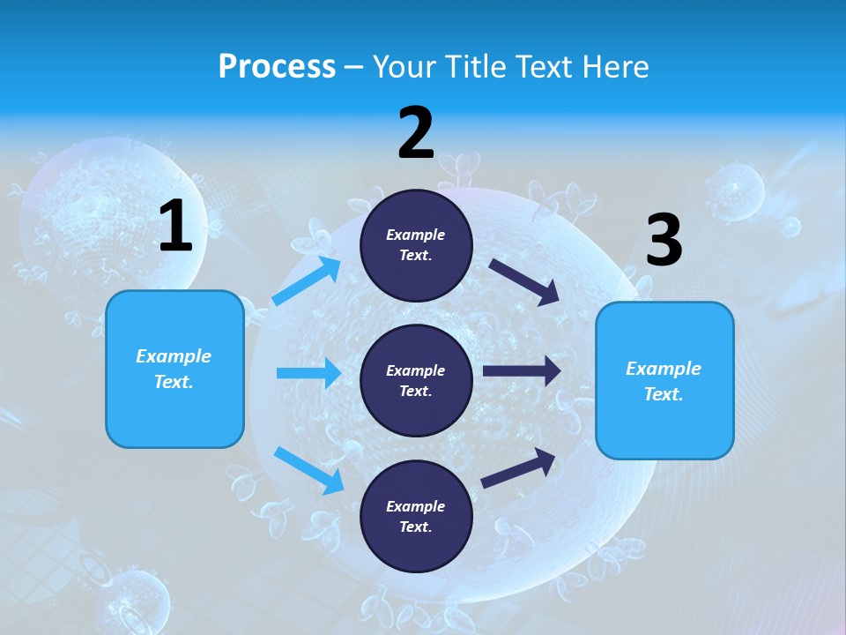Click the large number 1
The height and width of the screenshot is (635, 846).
pos(175,226)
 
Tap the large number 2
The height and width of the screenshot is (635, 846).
pos(416,133)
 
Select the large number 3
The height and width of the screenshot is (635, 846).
pos(664,240)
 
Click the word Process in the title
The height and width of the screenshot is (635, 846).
pos(277,66)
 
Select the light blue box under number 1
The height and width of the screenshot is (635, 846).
pos(174,369)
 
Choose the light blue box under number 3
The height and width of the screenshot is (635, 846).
pos(664,381)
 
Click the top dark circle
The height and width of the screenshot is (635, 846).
pos(416,245)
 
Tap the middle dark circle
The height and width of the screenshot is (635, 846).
pos(416,381)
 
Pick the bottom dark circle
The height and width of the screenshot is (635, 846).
pos(416,517)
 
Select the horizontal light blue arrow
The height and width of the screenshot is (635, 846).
pos(308,373)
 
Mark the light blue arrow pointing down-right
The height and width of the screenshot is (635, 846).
pos(308,469)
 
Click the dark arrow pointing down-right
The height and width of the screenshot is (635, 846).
pos(524,282)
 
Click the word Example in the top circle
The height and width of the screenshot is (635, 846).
pos(416,235)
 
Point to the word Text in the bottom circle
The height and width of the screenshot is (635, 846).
pos(414,527)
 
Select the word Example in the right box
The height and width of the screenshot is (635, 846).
pos(664,369)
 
